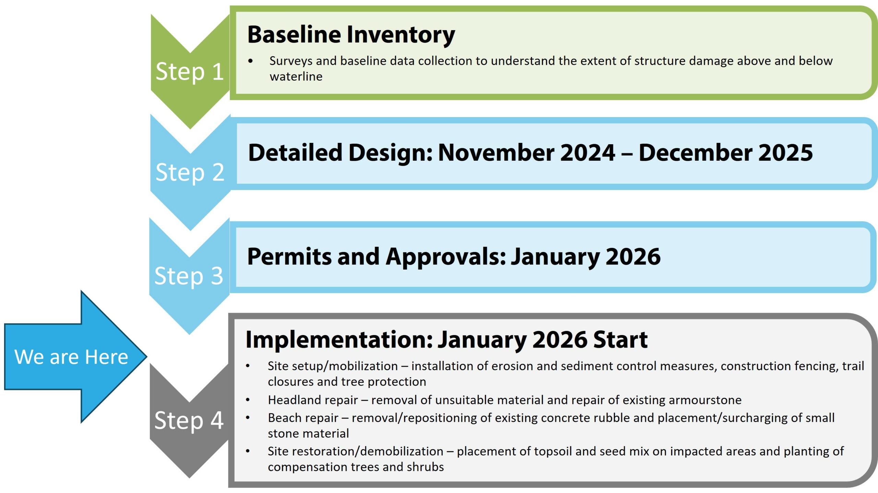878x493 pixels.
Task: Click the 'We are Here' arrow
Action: tap(75, 357)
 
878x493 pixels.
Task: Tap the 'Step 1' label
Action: tap(190, 72)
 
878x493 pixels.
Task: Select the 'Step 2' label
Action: tap(190, 173)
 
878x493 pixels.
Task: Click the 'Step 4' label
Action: tap(189, 420)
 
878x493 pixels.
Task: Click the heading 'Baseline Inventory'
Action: tap(351, 35)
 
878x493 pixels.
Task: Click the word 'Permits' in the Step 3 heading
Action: tap(289, 256)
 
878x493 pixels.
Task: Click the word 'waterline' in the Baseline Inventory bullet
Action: tap(296, 77)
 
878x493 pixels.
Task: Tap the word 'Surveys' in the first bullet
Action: tap(291, 61)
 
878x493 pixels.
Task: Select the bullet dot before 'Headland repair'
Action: tap(248, 400)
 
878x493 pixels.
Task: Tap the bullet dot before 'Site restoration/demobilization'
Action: tap(248, 451)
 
